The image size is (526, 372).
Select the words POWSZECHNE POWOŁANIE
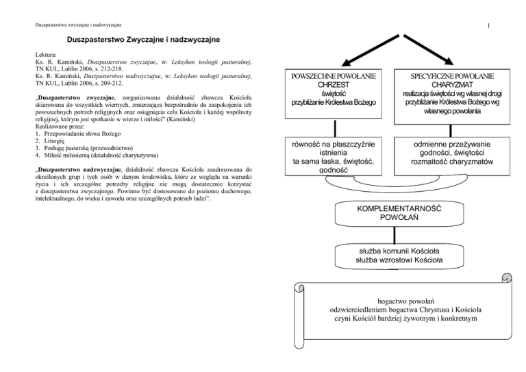click(334, 75)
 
